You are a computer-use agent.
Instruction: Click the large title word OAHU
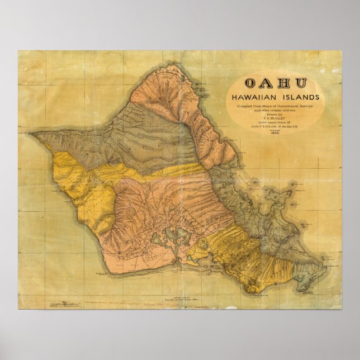pos(276,83)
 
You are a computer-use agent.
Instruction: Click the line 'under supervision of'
pos(276,123)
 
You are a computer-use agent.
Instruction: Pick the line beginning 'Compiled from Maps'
pos(276,107)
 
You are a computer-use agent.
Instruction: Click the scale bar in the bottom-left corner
pos(64,305)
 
